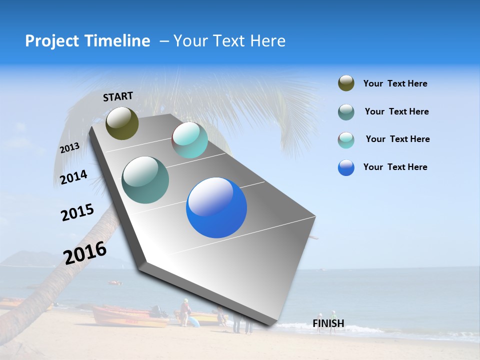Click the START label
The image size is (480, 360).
(118, 96)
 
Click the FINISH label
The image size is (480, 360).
(328, 323)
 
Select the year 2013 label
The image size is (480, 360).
(69, 148)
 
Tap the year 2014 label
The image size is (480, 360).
(73, 177)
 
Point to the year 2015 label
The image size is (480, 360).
(77, 212)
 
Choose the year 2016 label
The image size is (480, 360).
(85, 252)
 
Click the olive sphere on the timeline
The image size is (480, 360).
(122, 123)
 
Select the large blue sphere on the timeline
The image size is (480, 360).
(216, 207)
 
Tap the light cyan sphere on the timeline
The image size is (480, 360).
(190, 140)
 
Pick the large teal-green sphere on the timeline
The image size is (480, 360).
(145, 180)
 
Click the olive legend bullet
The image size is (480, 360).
(346, 83)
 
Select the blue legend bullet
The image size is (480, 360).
(346, 167)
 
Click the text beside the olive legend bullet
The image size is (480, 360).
(395, 84)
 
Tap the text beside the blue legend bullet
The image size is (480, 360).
(395, 167)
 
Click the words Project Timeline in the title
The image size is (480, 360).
(87, 41)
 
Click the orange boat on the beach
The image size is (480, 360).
(130, 316)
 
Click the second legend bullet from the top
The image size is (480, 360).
(346, 112)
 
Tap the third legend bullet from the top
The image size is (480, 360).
(346, 140)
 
